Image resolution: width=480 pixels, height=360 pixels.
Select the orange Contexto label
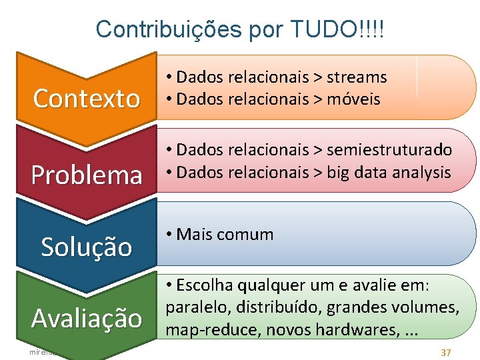coord(87,99)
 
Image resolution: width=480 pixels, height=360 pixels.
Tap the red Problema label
coord(87,175)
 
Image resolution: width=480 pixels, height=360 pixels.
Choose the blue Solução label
coord(87,247)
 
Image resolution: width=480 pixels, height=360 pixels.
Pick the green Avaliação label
coord(87,318)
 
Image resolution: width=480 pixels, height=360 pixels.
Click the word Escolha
coord(203,285)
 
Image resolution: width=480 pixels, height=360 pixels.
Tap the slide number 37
coord(446,351)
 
